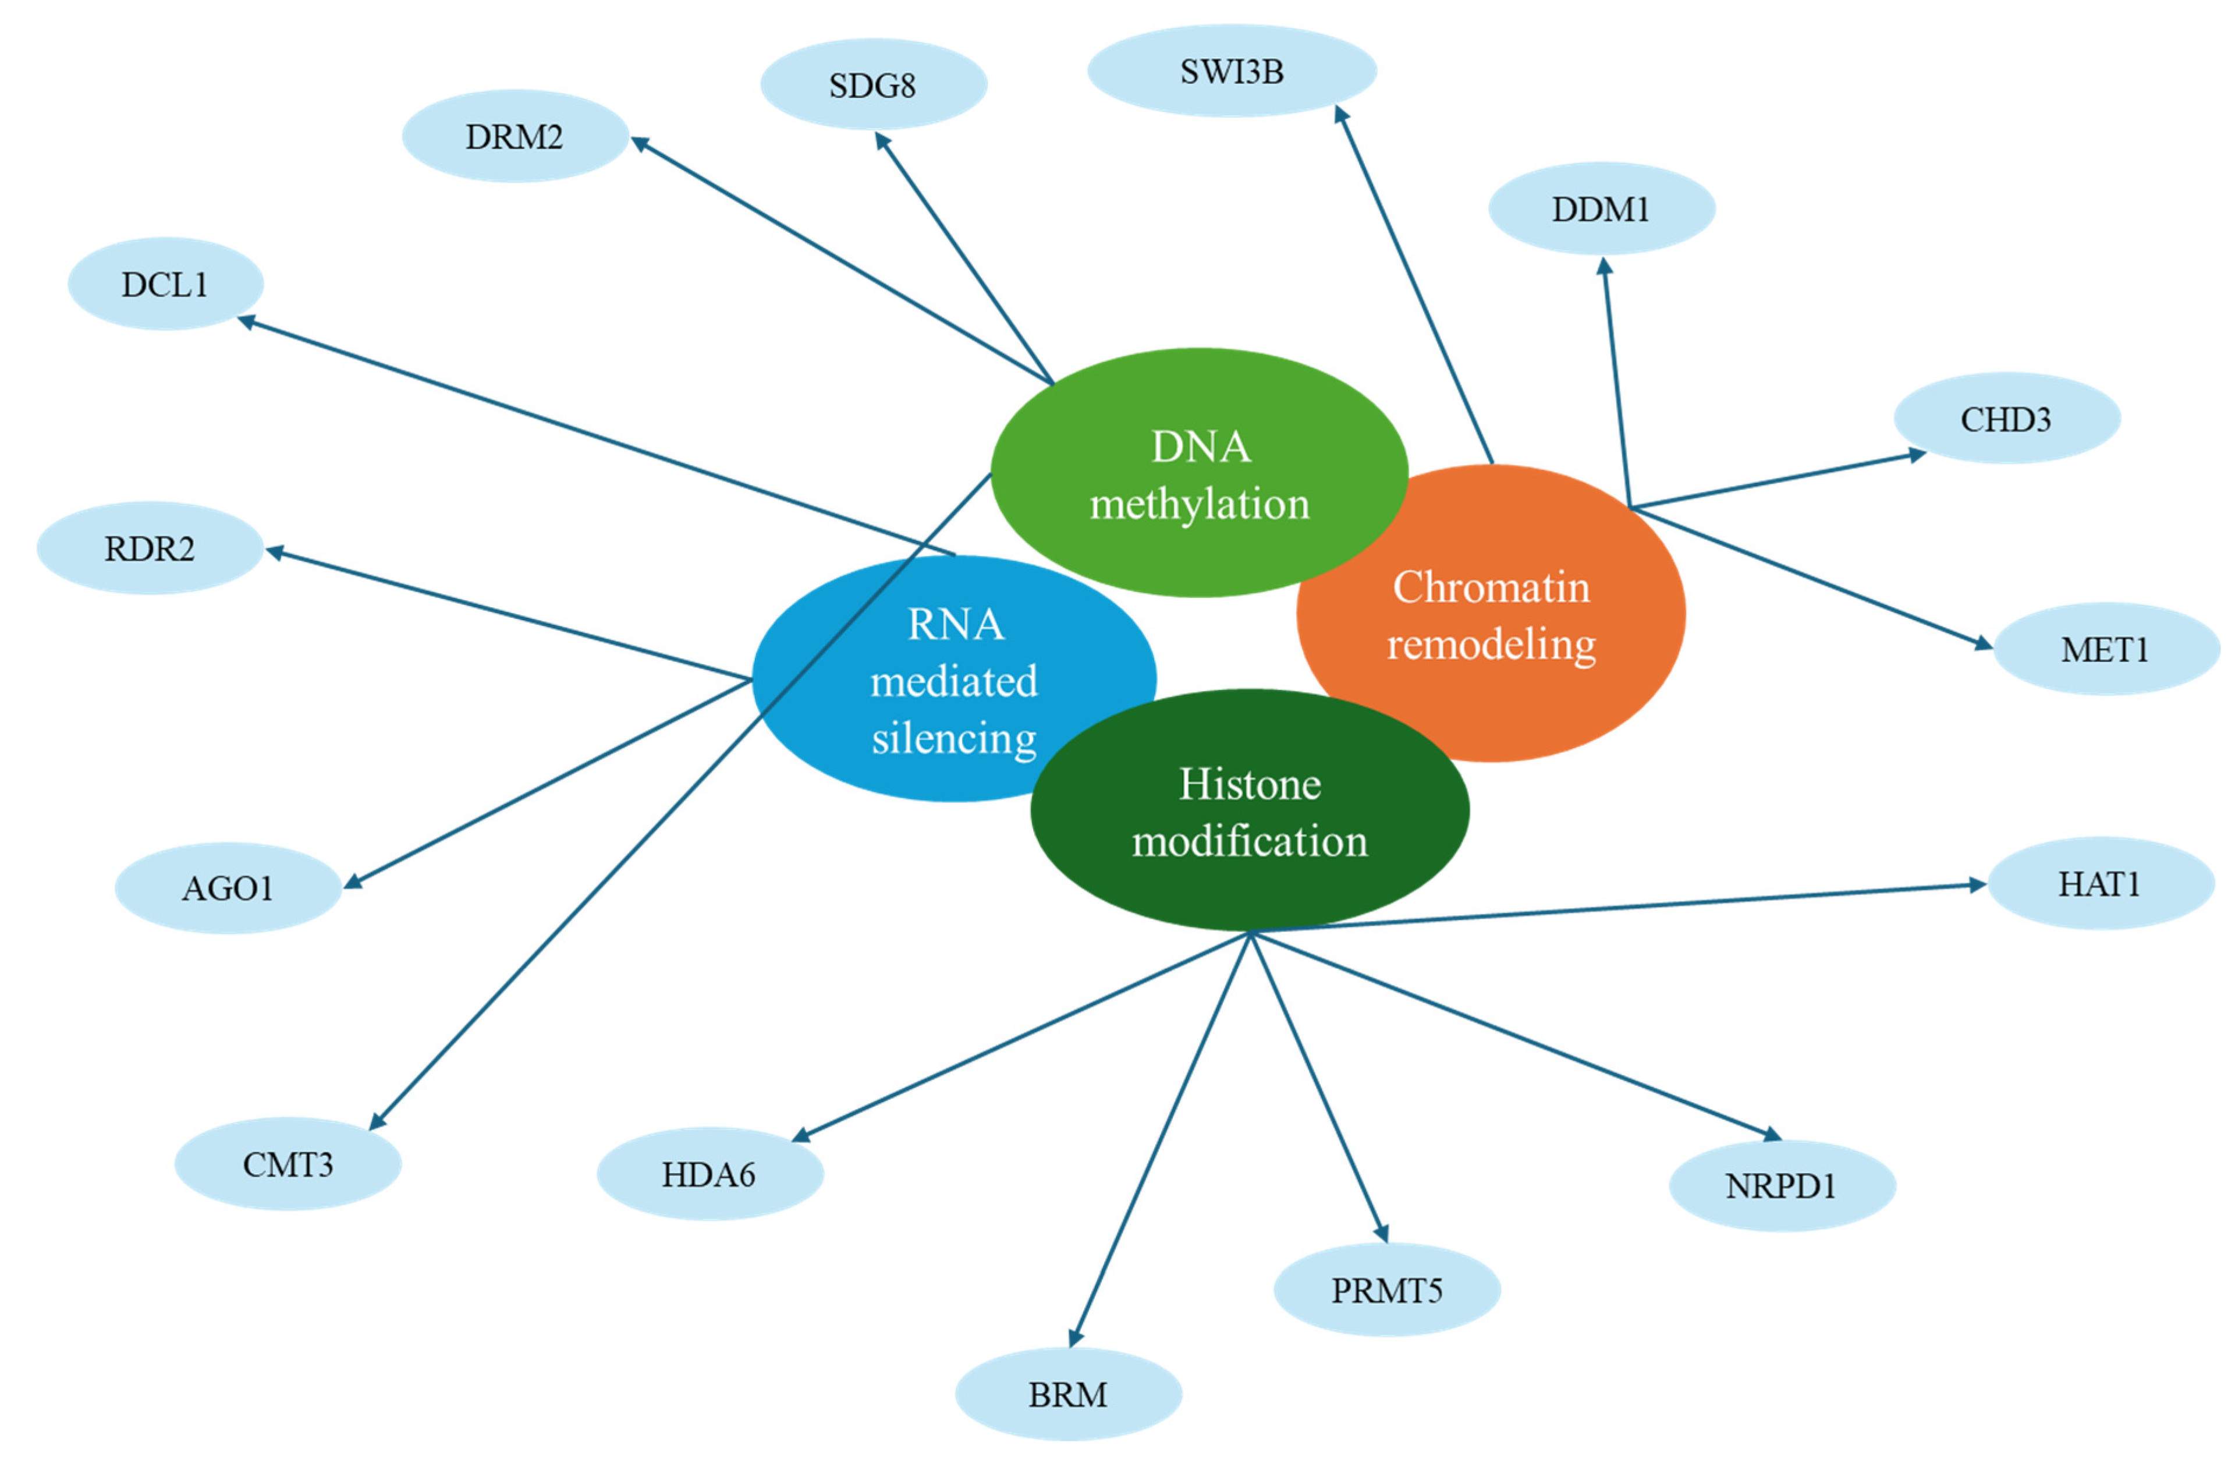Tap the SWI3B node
1231,72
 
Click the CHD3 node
2006,419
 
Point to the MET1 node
2105,649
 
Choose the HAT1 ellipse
2100,884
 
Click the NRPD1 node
1782,1186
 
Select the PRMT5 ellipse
1386,1290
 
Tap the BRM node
1067,1394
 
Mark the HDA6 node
709,1174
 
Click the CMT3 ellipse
288,1164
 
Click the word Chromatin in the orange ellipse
1491,588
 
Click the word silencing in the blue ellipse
954,738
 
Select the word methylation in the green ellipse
1199,504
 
